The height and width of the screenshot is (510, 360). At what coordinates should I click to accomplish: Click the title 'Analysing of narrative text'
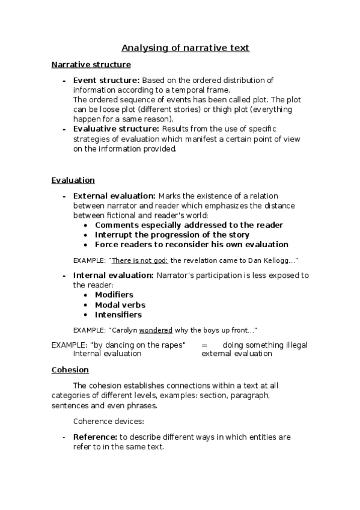pyautogui.click(x=185, y=48)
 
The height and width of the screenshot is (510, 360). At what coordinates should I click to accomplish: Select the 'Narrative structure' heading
pyautogui.click(x=91, y=64)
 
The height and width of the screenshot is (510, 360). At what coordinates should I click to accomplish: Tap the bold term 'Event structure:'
pyautogui.click(x=106, y=80)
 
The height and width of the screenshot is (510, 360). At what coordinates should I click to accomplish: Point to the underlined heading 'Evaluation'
pyautogui.click(x=73, y=180)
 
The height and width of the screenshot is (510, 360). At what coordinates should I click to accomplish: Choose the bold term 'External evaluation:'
pyautogui.click(x=114, y=195)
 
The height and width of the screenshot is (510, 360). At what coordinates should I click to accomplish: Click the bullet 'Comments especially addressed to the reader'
pyautogui.click(x=189, y=225)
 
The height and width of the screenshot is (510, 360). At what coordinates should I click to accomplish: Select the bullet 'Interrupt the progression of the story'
pyautogui.click(x=172, y=235)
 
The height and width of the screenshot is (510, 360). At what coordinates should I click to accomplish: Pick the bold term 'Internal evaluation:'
pyautogui.click(x=114, y=275)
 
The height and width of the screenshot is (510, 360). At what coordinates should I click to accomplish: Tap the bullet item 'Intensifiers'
pyautogui.click(x=118, y=315)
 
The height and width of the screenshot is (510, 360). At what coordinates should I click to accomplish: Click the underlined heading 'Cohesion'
pyautogui.click(x=70, y=370)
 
